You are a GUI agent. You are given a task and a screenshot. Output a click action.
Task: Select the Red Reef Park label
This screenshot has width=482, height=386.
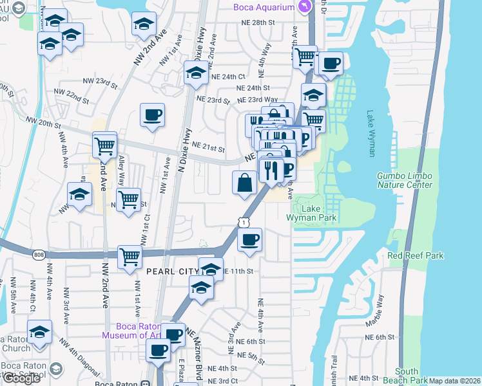(x=416, y=256)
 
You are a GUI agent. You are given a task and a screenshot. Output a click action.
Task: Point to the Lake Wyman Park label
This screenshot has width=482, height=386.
(x=312, y=213)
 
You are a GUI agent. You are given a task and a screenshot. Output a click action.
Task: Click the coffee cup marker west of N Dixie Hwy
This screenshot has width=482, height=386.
(x=153, y=116)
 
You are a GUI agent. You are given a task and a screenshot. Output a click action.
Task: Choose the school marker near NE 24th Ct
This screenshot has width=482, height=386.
(x=196, y=73)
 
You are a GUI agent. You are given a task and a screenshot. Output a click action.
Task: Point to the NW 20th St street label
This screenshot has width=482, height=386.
(x=43, y=120)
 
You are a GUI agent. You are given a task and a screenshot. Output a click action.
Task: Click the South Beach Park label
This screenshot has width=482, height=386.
(x=407, y=376)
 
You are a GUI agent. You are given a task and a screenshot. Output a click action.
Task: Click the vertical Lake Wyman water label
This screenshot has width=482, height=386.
(x=371, y=134)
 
